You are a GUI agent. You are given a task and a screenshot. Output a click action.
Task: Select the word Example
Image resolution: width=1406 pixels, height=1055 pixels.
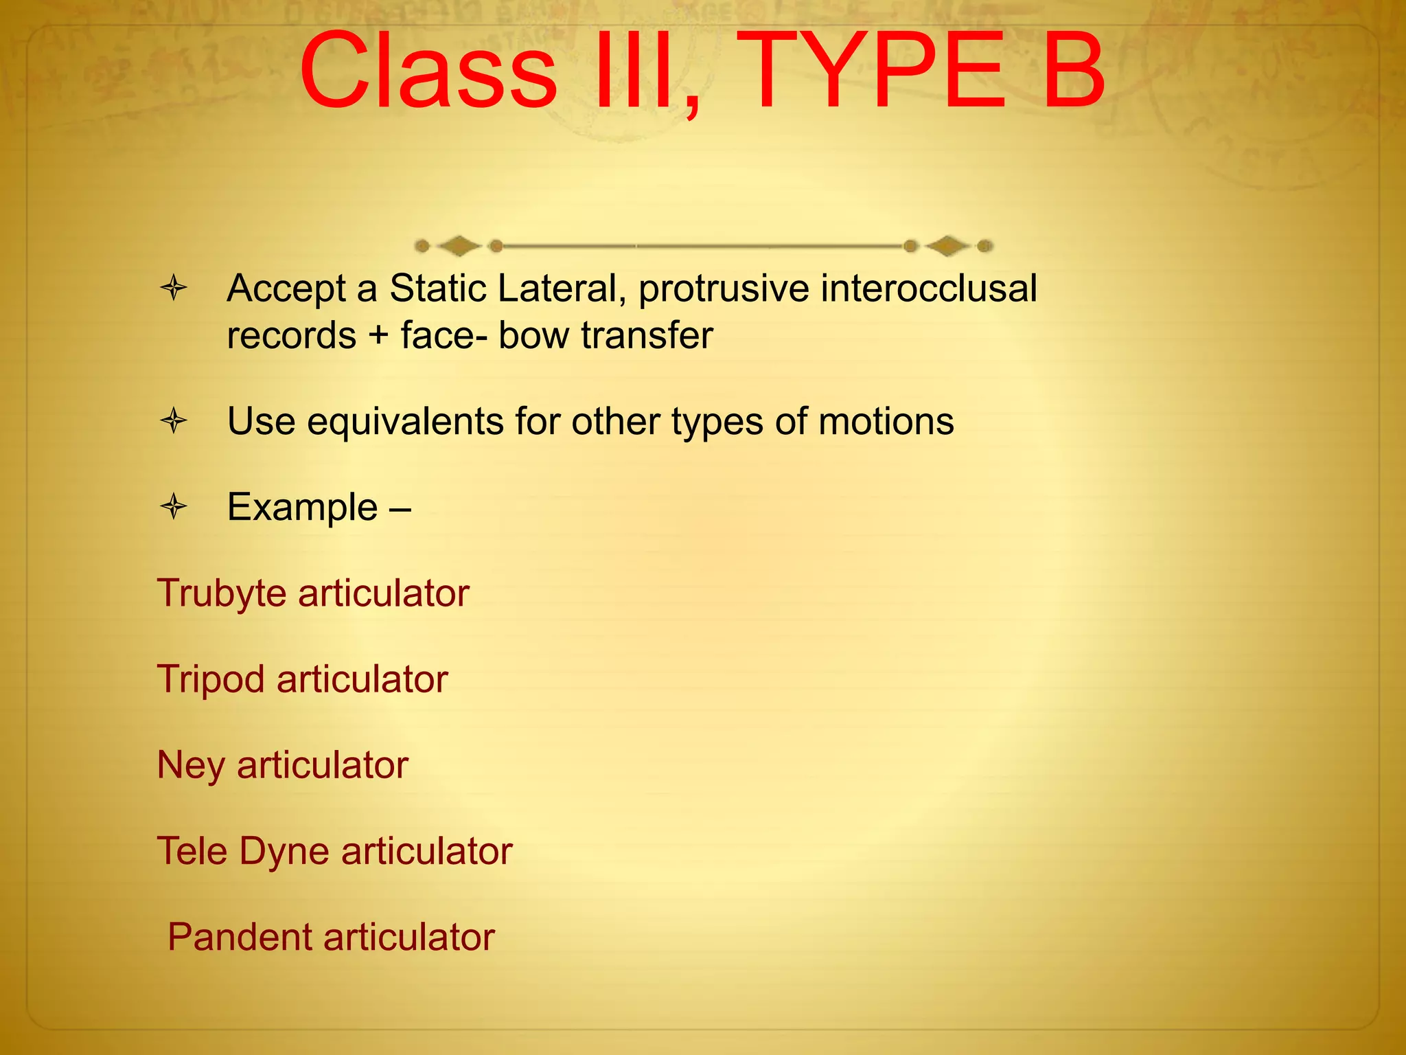(302, 508)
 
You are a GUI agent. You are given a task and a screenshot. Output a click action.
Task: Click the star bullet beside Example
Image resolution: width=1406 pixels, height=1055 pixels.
(174, 507)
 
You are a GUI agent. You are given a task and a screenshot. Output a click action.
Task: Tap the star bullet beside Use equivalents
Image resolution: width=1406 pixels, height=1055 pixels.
(174, 420)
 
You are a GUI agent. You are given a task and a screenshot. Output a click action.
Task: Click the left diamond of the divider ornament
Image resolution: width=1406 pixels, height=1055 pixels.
(459, 245)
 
